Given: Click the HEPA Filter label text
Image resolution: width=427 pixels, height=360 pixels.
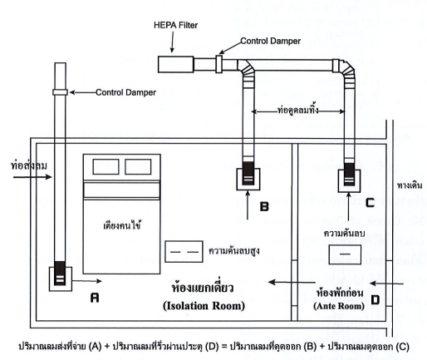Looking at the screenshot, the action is click(x=175, y=25).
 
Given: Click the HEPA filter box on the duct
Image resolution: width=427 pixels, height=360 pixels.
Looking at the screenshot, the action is click(x=175, y=64).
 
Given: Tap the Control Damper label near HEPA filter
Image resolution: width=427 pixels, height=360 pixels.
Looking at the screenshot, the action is click(x=270, y=41).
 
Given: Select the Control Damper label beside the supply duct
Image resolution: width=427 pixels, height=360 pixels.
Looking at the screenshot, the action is click(x=125, y=92).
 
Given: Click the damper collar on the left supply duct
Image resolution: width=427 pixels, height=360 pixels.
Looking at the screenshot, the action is click(x=60, y=92).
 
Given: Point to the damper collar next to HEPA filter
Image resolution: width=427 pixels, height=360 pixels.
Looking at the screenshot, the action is click(x=218, y=64).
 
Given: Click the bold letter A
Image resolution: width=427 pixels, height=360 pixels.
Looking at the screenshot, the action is click(x=95, y=298).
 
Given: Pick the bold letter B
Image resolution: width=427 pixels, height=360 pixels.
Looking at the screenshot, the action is click(x=264, y=206).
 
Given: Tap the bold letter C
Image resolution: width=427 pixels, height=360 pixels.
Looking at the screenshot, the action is click(x=370, y=203).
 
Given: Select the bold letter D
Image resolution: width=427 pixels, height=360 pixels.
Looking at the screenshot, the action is click(x=375, y=300).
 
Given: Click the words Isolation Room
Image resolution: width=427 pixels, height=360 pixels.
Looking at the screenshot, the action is click(x=204, y=306).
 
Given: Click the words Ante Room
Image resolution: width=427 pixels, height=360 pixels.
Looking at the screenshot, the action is click(x=339, y=306).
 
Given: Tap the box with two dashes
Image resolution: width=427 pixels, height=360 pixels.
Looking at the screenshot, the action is click(x=184, y=252).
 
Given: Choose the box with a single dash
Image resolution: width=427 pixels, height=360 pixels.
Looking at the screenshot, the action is click(x=345, y=254).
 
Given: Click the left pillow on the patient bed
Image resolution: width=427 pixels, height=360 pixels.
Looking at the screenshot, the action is click(x=106, y=166).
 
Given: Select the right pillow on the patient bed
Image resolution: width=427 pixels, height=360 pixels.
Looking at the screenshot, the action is click(x=138, y=166).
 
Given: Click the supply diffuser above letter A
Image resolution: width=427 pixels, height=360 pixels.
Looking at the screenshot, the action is click(x=61, y=279).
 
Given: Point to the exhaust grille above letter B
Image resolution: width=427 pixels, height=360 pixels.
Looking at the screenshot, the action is click(x=248, y=179).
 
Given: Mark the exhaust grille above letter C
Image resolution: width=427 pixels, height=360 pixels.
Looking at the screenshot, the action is click(x=349, y=180).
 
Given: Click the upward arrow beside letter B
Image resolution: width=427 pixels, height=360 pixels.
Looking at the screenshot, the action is click(x=248, y=205).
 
